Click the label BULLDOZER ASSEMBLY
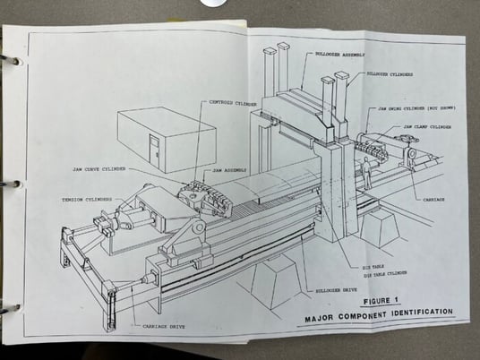[341, 53]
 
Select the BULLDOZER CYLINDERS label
[393, 74]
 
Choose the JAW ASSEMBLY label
[232, 168]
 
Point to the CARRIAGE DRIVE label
[154, 328]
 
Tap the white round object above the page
[213, 4]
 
